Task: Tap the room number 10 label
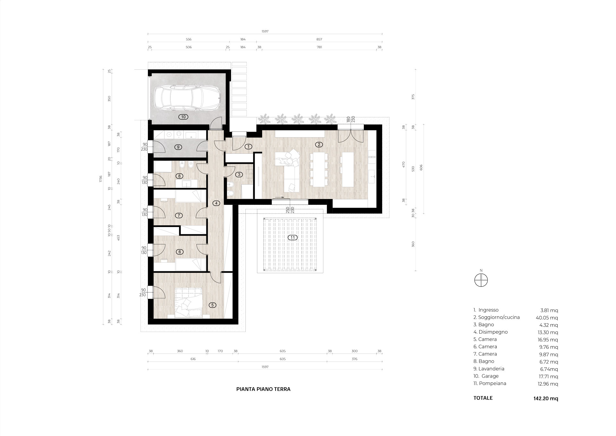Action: (x=183, y=117)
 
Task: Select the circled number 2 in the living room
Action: (x=319, y=144)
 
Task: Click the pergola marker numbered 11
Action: (x=293, y=238)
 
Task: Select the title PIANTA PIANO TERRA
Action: (x=263, y=389)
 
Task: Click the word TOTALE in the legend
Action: (x=483, y=398)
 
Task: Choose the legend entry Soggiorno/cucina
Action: (x=496, y=318)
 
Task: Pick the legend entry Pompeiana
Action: (x=490, y=383)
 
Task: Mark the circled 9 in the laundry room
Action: (x=179, y=147)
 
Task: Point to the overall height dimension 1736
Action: (x=100, y=179)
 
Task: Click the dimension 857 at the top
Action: (x=319, y=39)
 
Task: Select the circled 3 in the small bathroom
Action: (x=239, y=175)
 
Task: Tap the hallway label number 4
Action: (x=217, y=203)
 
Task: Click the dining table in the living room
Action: (x=319, y=170)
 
